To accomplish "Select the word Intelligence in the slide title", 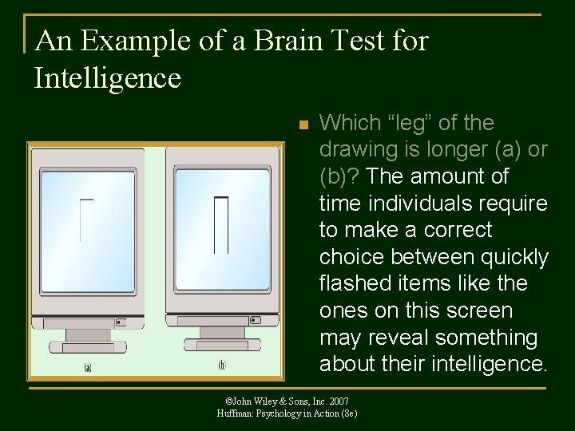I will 108,78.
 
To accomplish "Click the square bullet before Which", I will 302,125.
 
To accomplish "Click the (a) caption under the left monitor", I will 87,367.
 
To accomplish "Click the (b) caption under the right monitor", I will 222,365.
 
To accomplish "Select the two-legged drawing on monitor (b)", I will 221,224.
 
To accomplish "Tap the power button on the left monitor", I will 120,322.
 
